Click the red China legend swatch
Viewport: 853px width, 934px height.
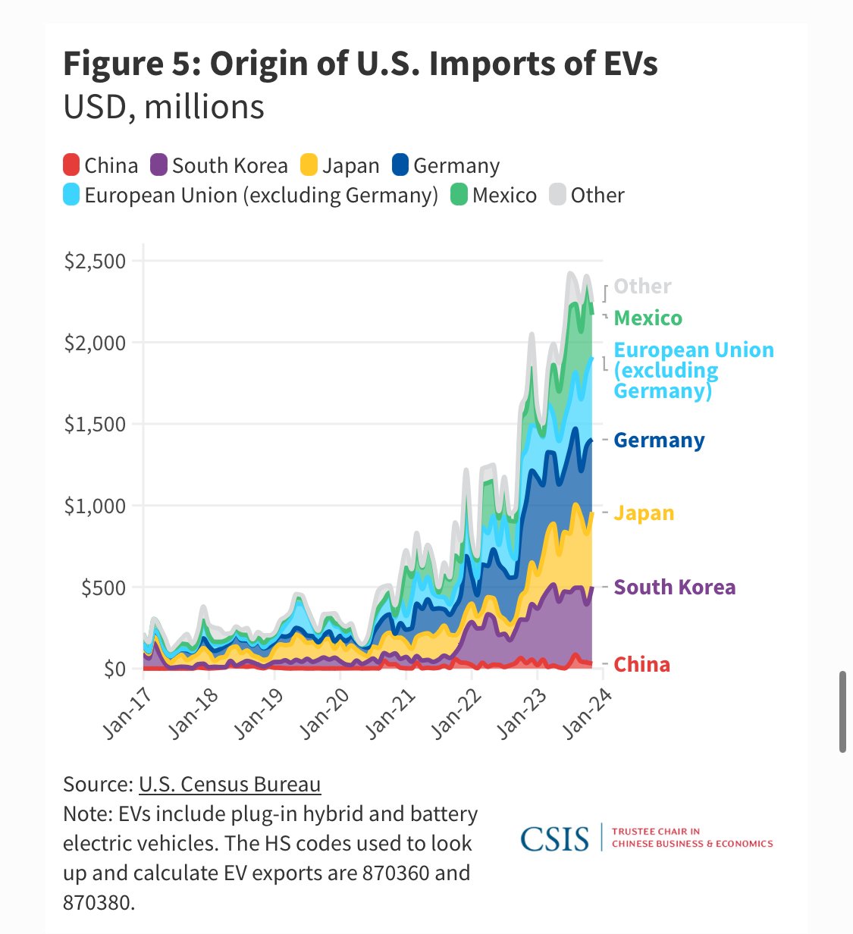[x=71, y=165]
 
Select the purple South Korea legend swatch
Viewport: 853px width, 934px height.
[x=159, y=165]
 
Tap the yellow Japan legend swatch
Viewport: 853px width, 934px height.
[x=309, y=165]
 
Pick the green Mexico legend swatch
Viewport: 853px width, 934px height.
[x=459, y=196]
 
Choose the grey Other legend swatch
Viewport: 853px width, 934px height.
[x=558, y=196]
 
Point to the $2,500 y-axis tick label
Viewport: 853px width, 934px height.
[x=95, y=261]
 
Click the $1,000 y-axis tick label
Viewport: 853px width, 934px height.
[x=95, y=506]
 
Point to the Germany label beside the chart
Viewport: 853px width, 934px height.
[x=659, y=440]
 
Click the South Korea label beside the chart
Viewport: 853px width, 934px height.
[x=674, y=588]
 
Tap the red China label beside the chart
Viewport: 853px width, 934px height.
[x=641, y=665]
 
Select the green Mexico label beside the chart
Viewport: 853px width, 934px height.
[x=648, y=318]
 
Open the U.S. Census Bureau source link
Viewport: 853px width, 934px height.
[x=230, y=784]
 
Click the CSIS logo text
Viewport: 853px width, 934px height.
[x=554, y=839]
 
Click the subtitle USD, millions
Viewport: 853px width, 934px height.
[x=164, y=107]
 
